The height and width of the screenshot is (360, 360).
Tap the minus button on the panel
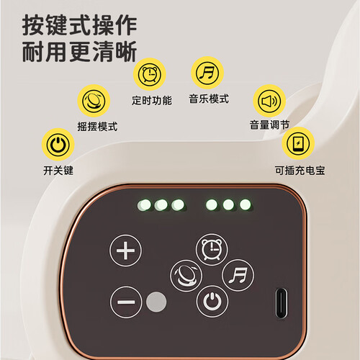click(x=126, y=302)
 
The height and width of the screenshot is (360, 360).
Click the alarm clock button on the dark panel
click(x=212, y=249)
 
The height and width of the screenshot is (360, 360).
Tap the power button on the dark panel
click(x=212, y=301)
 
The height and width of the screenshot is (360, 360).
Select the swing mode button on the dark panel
click(x=186, y=276)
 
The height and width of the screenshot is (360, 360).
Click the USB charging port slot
click(x=281, y=303)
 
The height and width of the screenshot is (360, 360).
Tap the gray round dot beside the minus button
click(x=156, y=302)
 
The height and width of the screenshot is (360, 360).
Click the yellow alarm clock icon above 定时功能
click(x=150, y=74)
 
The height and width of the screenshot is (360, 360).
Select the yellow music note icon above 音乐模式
click(x=207, y=73)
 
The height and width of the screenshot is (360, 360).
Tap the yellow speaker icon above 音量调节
click(x=269, y=101)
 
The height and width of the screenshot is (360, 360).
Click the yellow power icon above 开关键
click(x=58, y=145)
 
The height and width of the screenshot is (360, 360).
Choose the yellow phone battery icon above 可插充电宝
click(x=298, y=143)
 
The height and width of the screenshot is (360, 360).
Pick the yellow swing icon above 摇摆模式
click(x=94, y=101)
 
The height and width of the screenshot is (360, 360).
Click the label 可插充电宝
click(x=300, y=171)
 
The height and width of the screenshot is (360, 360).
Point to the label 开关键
click(x=58, y=171)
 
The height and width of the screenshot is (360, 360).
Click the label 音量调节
click(x=269, y=125)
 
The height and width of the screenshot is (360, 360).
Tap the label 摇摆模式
click(x=97, y=127)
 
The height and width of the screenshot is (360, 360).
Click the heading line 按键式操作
click(x=80, y=25)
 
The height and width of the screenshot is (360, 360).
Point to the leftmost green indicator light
click(x=144, y=205)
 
